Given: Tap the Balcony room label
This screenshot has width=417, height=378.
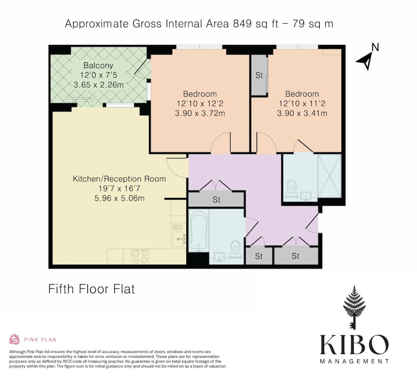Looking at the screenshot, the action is point(98,66).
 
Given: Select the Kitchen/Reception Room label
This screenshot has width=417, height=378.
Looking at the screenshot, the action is point(119,179).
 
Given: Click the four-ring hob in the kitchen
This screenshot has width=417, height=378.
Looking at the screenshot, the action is point(140,256).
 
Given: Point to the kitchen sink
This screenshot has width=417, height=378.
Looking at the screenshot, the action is point(178,239).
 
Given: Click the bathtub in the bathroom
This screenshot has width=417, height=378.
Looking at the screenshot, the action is point(199,231).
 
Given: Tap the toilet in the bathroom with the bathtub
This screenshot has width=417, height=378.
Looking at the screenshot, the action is point(235,249).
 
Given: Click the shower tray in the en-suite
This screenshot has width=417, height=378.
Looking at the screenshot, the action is point(329,176).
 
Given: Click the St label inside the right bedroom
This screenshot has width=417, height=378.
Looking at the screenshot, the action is point(259,75).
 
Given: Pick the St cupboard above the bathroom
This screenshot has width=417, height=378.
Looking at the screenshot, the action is point(216,200).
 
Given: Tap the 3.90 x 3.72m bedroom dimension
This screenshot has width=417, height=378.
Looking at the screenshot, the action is point(200,114).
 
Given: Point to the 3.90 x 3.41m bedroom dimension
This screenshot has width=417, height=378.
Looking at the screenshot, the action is point(302,114).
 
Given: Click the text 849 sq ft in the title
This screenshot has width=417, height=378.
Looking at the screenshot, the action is point(255,24).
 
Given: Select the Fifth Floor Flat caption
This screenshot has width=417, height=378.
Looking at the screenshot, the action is point(92,289).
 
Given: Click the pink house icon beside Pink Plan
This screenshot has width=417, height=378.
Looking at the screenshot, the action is point(14,339).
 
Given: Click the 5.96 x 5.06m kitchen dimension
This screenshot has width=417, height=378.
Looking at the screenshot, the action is point(119,198).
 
